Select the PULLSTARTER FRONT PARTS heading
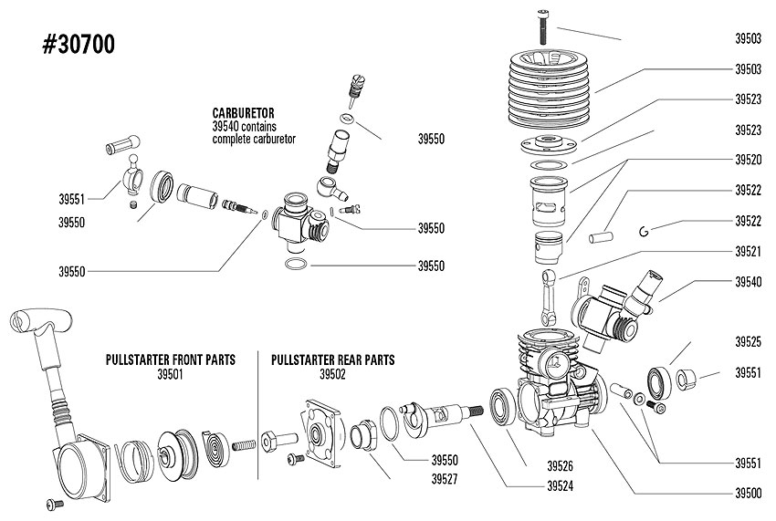point(171,360)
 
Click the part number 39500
point(748,493)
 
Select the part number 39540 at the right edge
point(748,282)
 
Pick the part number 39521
point(748,251)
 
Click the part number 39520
point(748,160)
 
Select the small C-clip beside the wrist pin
point(645,229)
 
